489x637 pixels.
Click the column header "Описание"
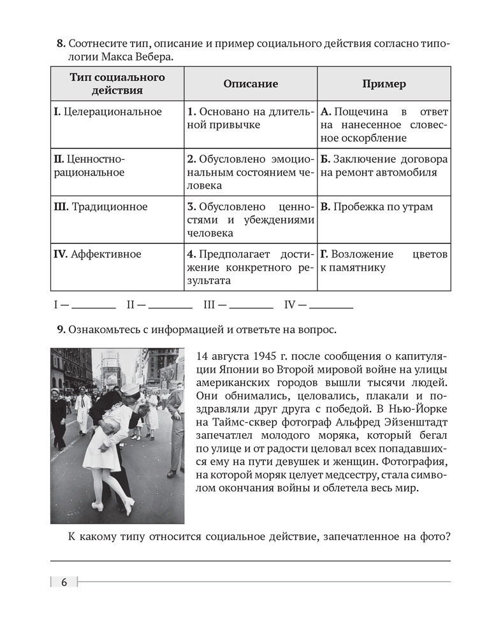coord(251,84)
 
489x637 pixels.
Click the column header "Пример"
coord(384,84)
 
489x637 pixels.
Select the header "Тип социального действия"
coord(117,84)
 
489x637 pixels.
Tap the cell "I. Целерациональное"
coord(108,112)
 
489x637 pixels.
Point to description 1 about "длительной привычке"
coord(251,118)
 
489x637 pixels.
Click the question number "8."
coord(61,44)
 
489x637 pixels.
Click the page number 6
coord(64,582)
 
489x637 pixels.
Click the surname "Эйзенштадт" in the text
coord(418,420)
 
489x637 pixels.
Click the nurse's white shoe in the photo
coord(129,506)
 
